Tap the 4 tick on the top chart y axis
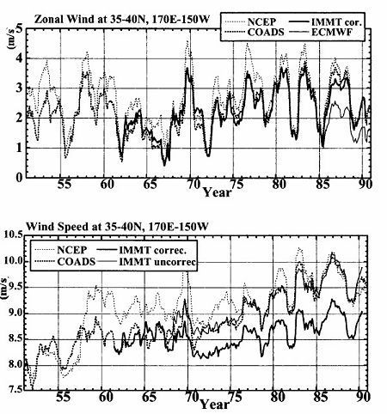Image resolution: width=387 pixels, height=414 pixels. point(20,58)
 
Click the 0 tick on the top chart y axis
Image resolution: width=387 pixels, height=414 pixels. point(20,178)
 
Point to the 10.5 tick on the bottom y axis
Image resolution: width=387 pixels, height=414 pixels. point(12,235)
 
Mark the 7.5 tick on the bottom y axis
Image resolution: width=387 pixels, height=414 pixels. point(12,390)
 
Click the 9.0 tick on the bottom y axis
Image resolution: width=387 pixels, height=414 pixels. point(12,313)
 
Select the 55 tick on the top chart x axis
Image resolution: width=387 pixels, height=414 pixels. point(64,185)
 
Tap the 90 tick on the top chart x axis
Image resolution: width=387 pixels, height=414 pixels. point(365,185)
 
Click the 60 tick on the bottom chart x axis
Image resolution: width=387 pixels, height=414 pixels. point(106,397)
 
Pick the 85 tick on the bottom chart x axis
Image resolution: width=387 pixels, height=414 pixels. point(320,397)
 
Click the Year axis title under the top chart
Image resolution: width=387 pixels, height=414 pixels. point(217,192)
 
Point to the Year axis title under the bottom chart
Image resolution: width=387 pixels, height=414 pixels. point(214,405)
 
